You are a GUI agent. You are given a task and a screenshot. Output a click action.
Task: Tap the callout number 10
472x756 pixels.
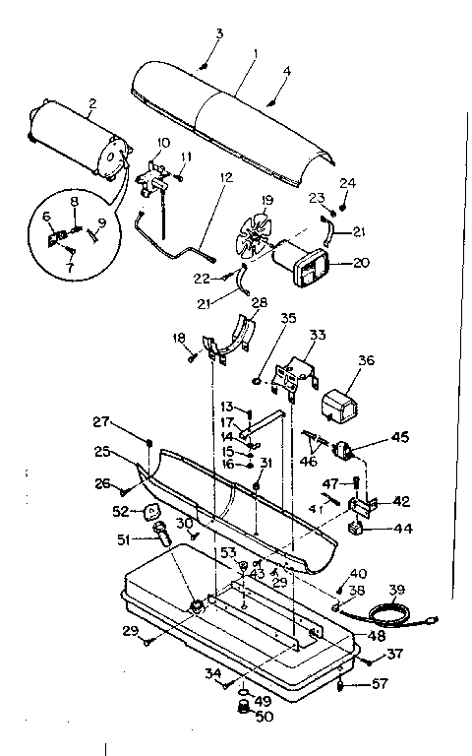(162, 143)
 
